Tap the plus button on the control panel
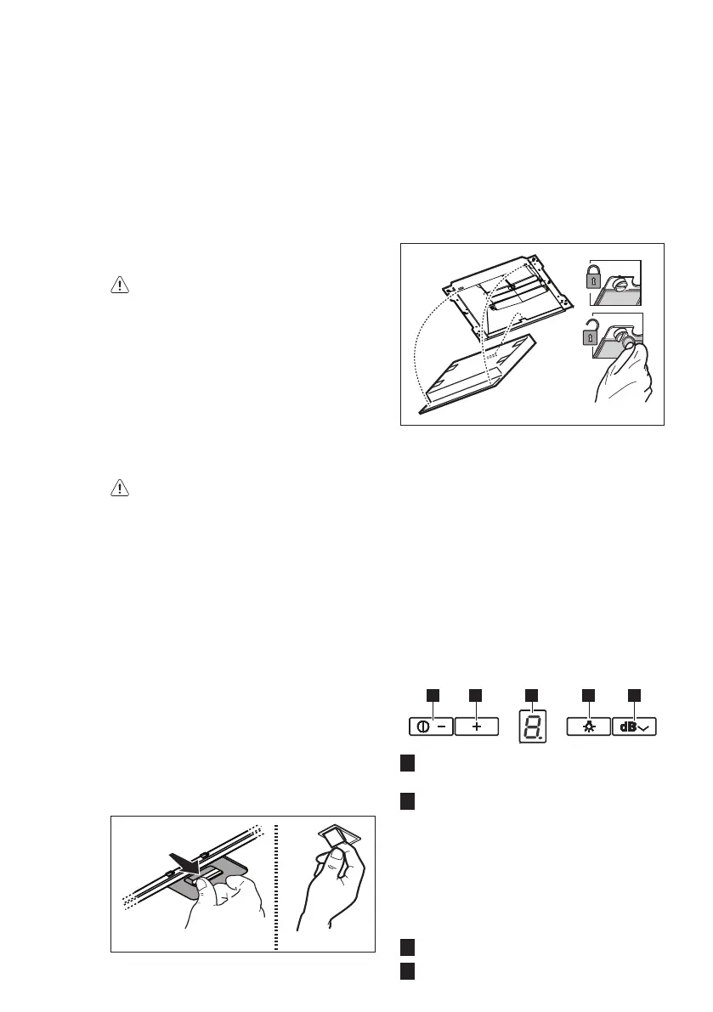[476, 728]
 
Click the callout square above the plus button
[476, 695]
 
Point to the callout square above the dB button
[635, 695]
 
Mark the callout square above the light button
[588, 695]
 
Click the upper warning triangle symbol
[120, 286]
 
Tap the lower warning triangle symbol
[120, 488]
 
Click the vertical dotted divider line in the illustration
[277, 884]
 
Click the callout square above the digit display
[532, 695]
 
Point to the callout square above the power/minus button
[432, 695]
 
